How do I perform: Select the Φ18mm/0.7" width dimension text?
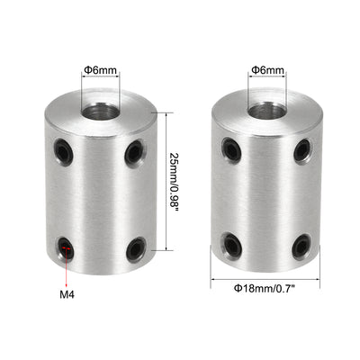click(265, 288)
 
